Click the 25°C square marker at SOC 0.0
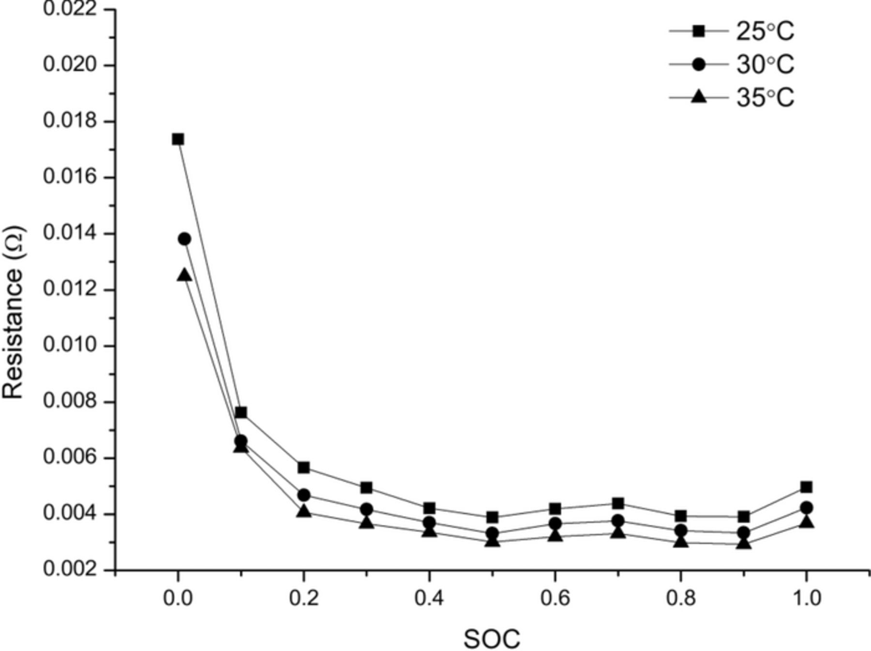coord(178,139)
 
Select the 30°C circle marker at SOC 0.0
coord(184,239)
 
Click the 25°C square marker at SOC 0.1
coord(241,412)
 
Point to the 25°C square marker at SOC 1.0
coord(806,487)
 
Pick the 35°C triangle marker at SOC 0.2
coord(304,511)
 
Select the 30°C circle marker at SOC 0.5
coord(492,534)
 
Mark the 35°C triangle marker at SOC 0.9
coord(744,544)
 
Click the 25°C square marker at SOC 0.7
coord(618,503)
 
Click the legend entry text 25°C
coord(765,31)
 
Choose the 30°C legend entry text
coord(765,64)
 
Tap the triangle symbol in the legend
coord(698,97)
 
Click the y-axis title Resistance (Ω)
coord(13,312)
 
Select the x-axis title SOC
coord(492,639)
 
